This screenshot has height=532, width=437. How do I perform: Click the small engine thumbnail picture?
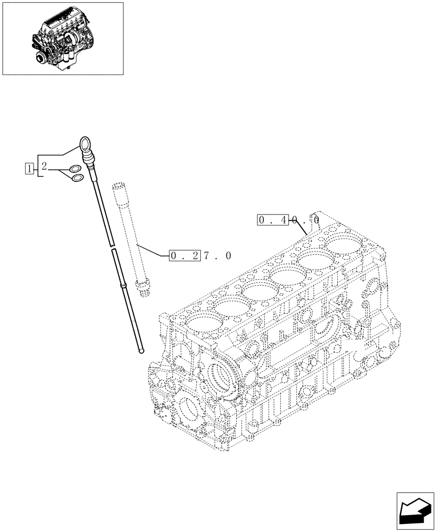click(63, 38)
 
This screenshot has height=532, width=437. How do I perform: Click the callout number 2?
click(44, 167)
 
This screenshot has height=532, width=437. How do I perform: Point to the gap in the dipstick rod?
click(111, 247)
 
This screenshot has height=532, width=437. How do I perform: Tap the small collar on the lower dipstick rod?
click(124, 287)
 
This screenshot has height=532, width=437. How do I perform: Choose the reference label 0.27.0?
click(200, 256)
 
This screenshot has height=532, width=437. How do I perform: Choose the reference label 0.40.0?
click(288, 219)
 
